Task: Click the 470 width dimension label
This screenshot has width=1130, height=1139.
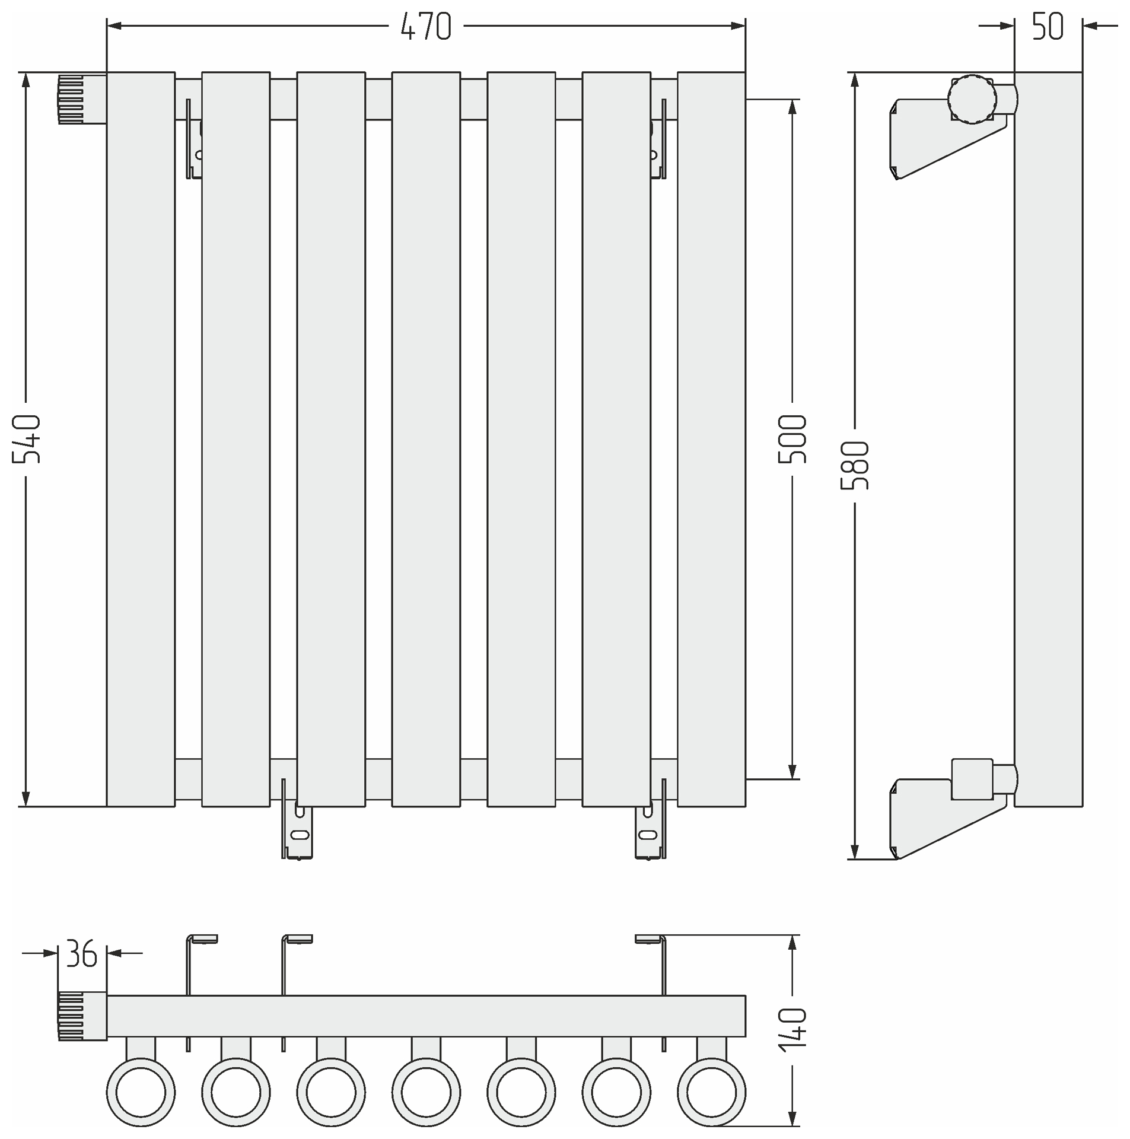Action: pyautogui.click(x=425, y=27)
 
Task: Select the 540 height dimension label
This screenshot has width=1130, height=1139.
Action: pyautogui.click(x=27, y=439)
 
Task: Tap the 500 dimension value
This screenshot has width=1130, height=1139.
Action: pyautogui.click(x=792, y=439)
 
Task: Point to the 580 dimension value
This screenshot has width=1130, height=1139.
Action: pyautogui.click(x=855, y=465)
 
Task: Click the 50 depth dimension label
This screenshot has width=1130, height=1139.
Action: pyautogui.click(x=1048, y=27)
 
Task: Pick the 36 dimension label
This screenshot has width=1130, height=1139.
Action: pyautogui.click(x=81, y=953)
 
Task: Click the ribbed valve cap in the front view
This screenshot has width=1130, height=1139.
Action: pyautogui.click(x=82, y=99)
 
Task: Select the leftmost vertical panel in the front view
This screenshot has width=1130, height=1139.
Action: pyautogui.click(x=141, y=439)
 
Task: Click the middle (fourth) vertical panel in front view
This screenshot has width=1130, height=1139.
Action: pyautogui.click(x=426, y=439)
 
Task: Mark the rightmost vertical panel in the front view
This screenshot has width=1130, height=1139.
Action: pyautogui.click(x=711, y=439)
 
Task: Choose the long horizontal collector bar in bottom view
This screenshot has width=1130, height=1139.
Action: pyautogui.click(x=426, y=1016)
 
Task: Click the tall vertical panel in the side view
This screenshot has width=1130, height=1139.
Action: pyautogui.click(x=1048, y=439)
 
